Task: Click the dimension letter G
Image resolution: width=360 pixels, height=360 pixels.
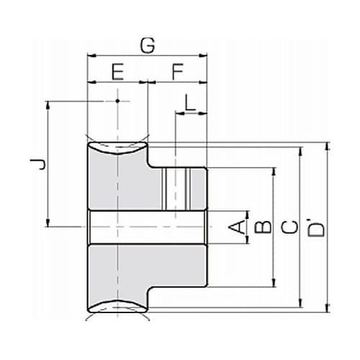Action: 148,45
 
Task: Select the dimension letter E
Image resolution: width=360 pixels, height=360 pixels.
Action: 118,71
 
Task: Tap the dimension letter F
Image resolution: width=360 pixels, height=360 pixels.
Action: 178,71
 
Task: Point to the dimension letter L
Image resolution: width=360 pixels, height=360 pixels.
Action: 190,102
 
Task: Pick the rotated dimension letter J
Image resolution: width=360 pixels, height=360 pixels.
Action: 38,164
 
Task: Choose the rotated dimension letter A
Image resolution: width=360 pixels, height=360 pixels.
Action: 237,228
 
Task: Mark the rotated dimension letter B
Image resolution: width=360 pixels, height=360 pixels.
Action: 263,227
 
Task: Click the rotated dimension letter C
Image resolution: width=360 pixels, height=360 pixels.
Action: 289,228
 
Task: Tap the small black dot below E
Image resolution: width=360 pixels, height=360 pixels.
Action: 117,101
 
